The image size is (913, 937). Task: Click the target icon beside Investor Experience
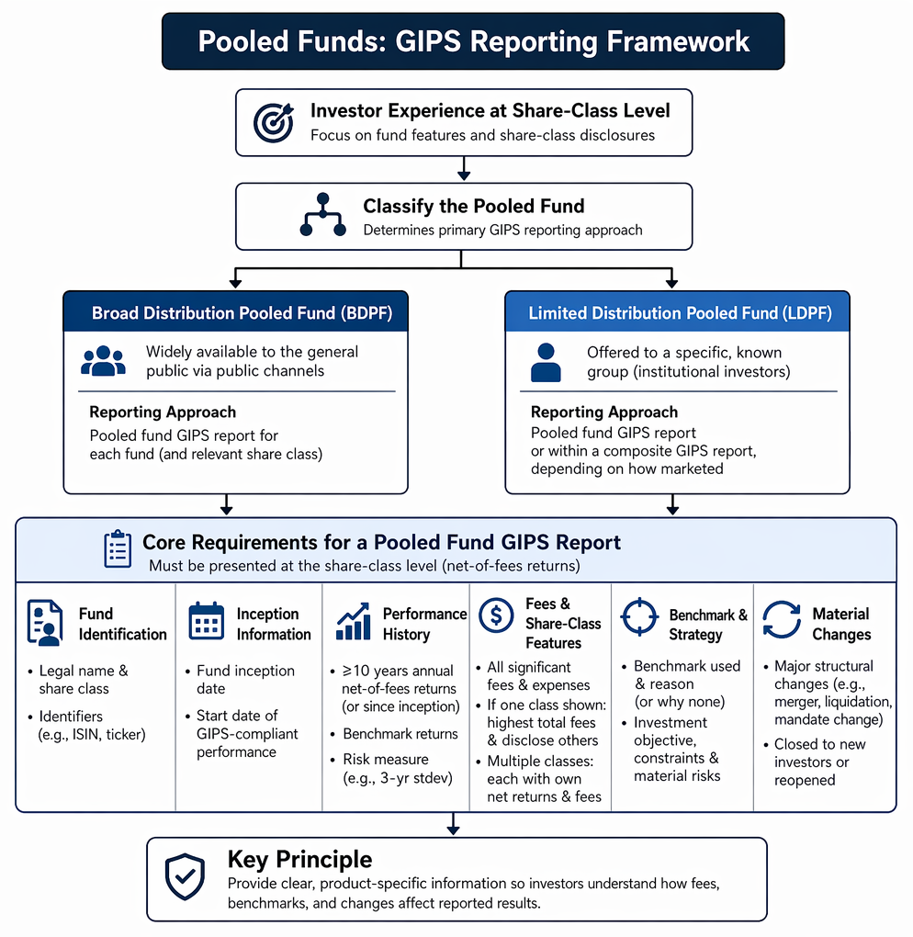point(274,122)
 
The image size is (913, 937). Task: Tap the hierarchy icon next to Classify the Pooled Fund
point(322,215)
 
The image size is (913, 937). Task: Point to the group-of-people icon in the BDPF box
point(104,361)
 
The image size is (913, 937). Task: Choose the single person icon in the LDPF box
point(546,362)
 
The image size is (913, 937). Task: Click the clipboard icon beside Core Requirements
point(118,548)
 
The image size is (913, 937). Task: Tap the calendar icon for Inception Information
point(206,622)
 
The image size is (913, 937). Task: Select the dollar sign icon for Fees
point(496,615)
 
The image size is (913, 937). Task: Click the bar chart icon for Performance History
point(353,622)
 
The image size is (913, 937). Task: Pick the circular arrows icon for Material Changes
point(782,620)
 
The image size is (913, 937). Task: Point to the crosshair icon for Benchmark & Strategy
point(639,616)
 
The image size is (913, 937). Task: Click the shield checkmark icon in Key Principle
point(186,876)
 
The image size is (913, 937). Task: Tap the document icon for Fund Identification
point(45,623)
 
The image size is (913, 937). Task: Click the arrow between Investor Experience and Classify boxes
point(464,168)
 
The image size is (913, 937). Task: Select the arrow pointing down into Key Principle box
point(453,824)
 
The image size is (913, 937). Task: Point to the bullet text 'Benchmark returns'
point(400,734)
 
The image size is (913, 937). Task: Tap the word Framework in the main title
point(678,41)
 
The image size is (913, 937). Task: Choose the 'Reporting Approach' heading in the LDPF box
point(604,412)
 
